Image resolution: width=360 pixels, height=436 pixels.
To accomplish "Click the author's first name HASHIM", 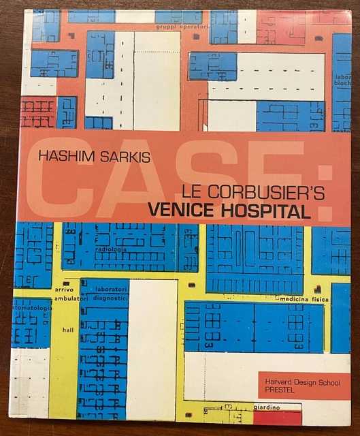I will click(67, 157).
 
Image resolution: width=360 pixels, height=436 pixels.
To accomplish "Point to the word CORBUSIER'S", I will click(259, 193).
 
